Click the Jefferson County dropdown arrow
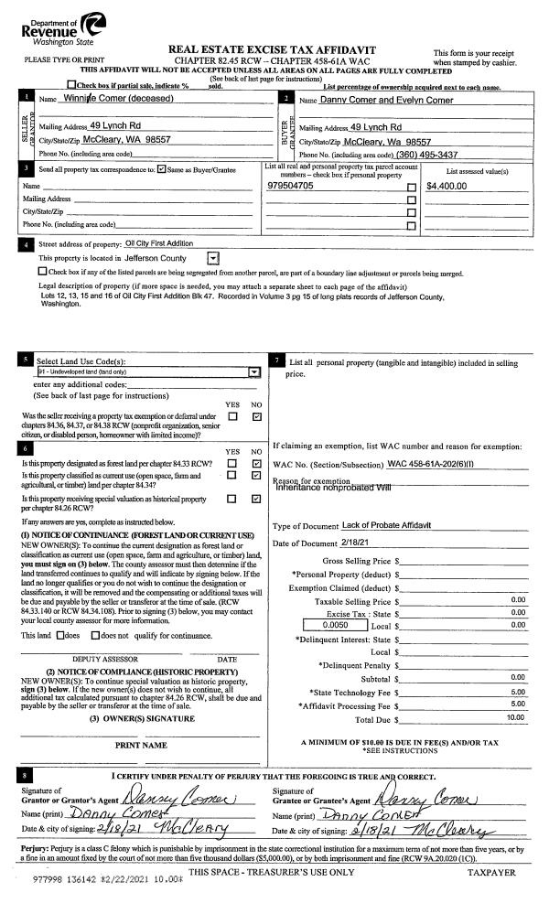pos(212,259)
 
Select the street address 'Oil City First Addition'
pos(159,243)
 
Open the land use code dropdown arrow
pos(255,372)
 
